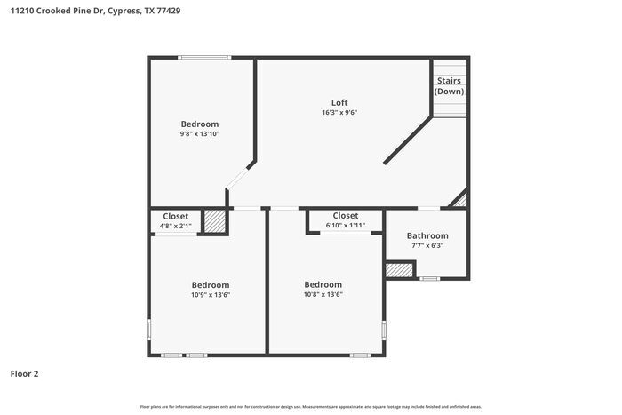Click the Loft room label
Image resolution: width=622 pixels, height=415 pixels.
pos(339,102)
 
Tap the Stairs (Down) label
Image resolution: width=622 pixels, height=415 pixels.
pos(449,85)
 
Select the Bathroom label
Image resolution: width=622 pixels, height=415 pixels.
pos(427,235)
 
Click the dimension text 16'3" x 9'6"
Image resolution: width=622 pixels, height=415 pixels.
pos(339,113)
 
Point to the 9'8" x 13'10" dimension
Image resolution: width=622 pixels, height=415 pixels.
pos(200,134)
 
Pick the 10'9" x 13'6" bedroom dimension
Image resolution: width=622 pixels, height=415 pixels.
pos(211,295)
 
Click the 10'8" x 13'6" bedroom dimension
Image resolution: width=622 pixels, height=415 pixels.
pos(323,295)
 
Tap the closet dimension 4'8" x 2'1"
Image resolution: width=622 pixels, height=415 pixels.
pos(175,226)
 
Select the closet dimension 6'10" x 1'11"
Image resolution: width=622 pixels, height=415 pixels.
pos(345,226)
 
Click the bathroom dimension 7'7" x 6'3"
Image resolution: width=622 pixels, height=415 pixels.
pos(427,246)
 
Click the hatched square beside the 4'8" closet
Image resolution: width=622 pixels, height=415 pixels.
pos(214,220)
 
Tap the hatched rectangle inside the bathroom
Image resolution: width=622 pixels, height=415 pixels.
pos(400,268)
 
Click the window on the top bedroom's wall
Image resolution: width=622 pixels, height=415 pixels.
pos(205,59)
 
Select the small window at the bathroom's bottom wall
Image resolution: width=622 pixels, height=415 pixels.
pos(429,279)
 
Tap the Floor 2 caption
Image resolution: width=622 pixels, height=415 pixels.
pos(24,374)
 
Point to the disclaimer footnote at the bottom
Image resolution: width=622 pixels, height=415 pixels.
pos(310,406)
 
